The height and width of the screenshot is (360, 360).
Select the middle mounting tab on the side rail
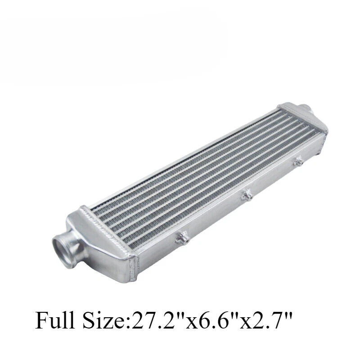click(x=246, y=194)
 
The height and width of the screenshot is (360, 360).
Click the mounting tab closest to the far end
click(x=298, y=161)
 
